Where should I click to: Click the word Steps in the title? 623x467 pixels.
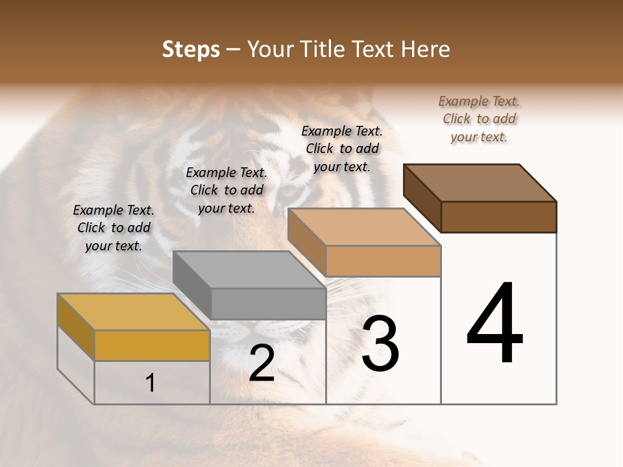click(191, 49)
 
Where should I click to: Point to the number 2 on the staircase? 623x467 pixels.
click(262, 363)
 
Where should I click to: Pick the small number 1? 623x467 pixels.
click(151, 383)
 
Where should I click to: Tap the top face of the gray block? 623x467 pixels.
click(249, 269)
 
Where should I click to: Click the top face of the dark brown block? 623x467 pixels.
click(480, 182)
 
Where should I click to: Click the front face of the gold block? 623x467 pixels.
click(152, 345)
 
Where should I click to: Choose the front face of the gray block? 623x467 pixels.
click(268, 304)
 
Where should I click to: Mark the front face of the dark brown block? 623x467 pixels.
click(498, 217)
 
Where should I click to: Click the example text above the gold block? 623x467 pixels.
click(114, 228)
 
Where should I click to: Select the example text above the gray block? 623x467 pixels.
click(226, 190)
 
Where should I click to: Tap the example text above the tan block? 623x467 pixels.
click(342, 149)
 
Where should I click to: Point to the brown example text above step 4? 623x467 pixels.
click(479, 119)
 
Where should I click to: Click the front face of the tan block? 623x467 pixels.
click(383, 261)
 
